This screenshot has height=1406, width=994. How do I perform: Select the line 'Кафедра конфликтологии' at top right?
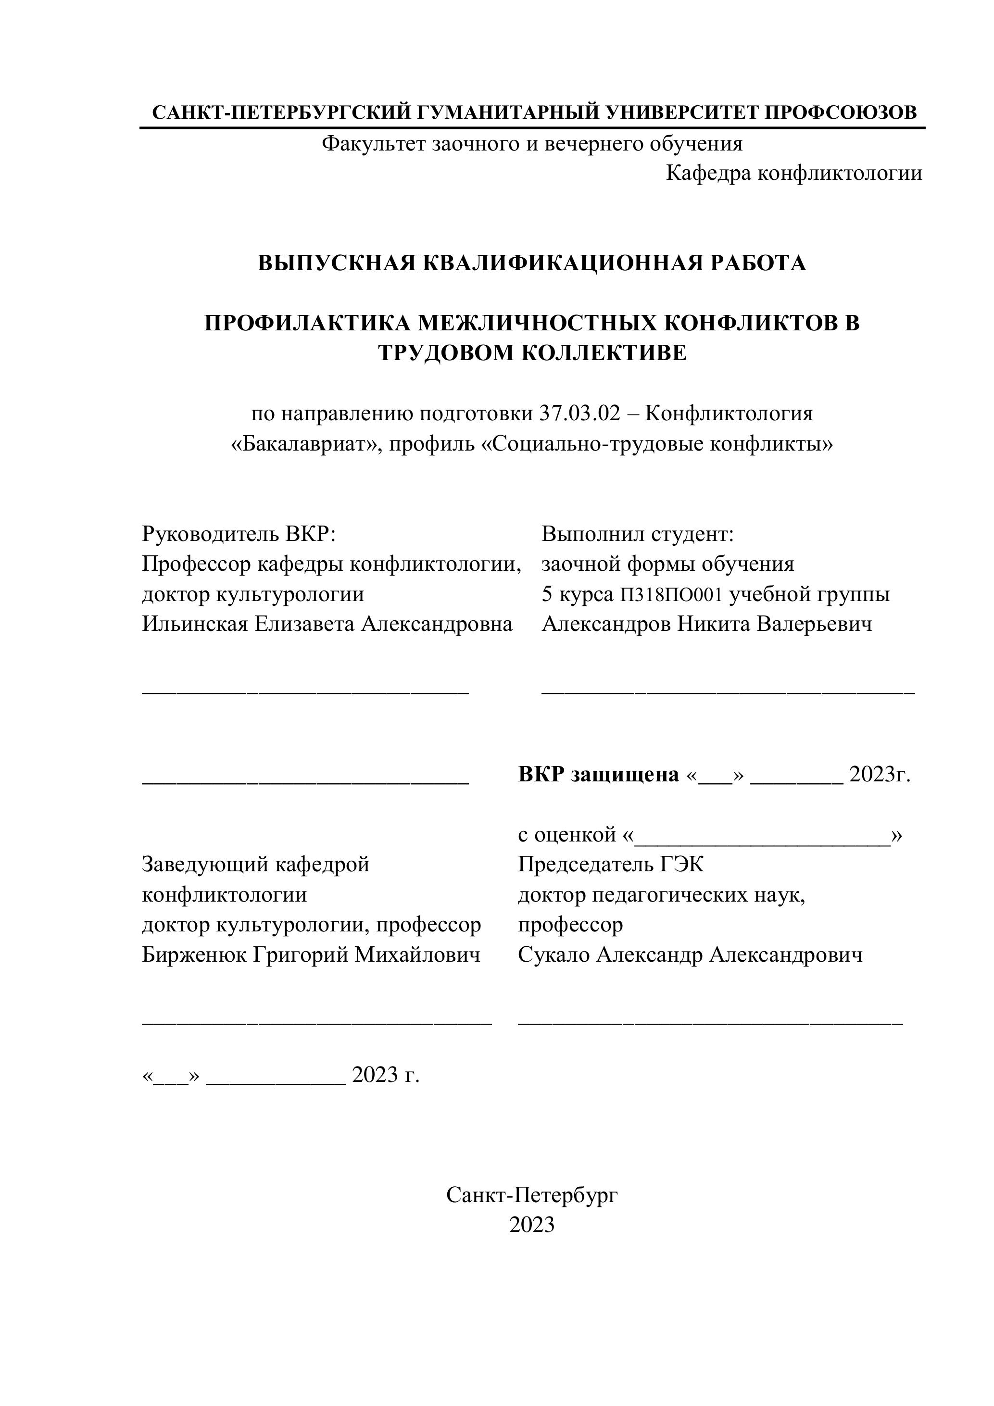794,173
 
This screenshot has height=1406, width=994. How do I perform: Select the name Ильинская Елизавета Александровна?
327,624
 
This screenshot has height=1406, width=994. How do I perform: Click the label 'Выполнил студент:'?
637,534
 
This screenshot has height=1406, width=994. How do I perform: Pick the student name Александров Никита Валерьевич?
707,624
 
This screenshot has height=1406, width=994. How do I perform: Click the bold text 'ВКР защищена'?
598,775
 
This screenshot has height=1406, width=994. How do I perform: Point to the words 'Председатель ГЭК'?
611,865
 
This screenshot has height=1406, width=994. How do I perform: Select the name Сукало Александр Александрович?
690,954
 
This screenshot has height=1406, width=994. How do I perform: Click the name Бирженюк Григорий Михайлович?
311,954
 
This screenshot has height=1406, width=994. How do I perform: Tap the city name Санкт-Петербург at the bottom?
531,1195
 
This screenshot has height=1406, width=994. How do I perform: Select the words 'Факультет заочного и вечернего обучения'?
531,144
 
